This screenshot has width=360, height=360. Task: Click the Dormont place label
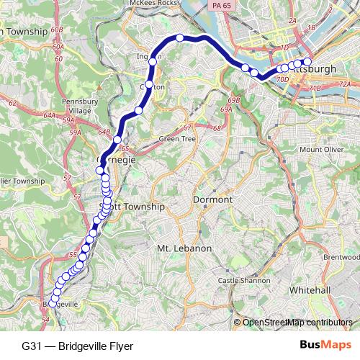coord(212,199)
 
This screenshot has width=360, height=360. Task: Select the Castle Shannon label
coord(243,281)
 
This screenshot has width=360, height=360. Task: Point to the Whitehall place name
coord(310,289)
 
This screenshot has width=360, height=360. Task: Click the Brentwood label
coord(341,256)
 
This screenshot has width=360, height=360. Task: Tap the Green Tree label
coord(177,138)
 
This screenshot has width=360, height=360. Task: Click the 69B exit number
coord(233,101)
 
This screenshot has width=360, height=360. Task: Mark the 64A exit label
coord(49,114)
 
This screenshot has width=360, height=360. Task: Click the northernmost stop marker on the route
coord(180,37)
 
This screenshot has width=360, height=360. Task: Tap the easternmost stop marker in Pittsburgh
coord(307,62)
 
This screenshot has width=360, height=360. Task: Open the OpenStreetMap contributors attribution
coord(297,323)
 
